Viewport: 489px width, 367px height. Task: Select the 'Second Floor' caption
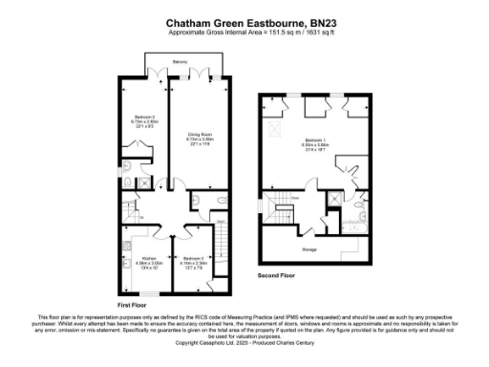tap(277, 274)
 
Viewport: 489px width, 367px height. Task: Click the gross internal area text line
tap(244, 32)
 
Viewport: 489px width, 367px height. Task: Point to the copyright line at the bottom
tap(244, 342)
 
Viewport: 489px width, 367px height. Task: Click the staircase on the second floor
tap(282, 212)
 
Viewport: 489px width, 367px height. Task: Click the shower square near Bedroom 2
tap(141, 184)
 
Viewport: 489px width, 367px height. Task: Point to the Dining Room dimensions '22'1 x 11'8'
tap(199, 144)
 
